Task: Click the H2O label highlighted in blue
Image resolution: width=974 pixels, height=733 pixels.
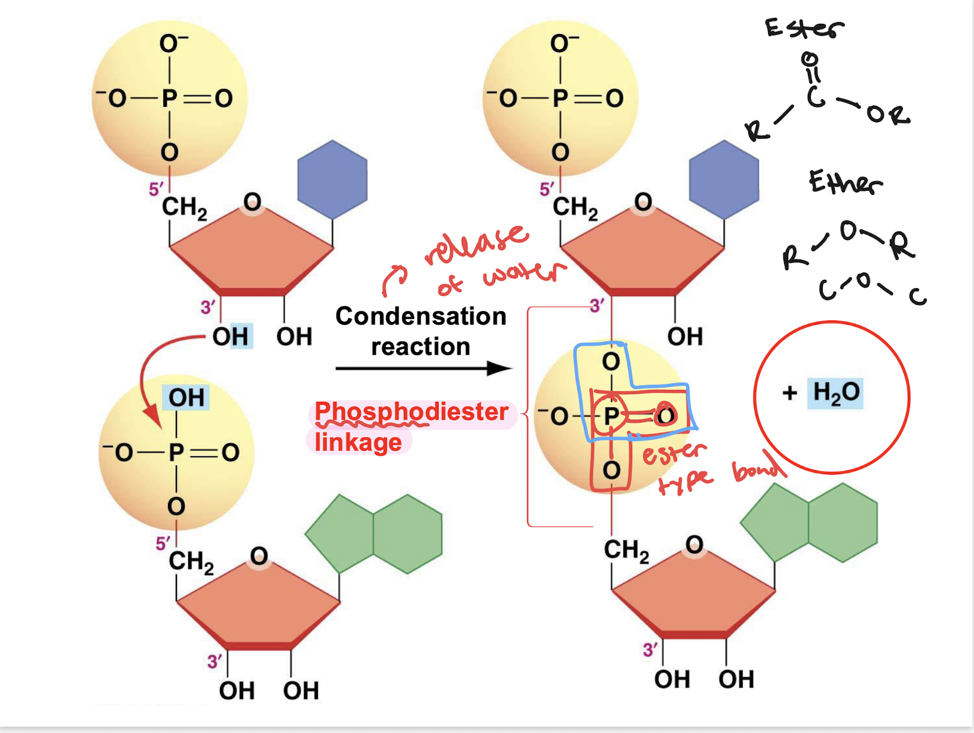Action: tap(835, 393)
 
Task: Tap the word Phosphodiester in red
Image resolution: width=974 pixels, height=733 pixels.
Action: tap(411, 412)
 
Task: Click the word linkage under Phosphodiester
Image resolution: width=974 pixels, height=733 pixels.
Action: tap(358, 442)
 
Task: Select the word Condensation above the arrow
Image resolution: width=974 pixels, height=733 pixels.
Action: tap(421, 316)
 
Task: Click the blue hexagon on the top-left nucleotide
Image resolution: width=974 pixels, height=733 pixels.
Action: tap(332, 179)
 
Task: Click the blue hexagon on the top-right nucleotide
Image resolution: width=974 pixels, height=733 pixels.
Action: tap(724, 179)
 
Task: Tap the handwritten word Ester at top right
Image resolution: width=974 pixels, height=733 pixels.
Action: tap(804, 28)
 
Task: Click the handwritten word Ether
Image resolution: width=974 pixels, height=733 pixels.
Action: tap(844, 182)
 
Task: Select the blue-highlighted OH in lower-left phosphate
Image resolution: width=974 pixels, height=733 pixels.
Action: tap(186, 398)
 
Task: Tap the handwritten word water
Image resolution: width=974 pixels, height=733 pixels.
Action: tap(523, 274)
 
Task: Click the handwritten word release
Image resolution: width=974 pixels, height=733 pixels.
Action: tap(476, 245)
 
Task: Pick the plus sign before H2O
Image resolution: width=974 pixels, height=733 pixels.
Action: tap(789, 393)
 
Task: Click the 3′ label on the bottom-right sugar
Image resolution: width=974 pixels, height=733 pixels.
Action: tap(650, 649)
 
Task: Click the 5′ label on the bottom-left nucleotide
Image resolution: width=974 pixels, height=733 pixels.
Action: tap(163, 543)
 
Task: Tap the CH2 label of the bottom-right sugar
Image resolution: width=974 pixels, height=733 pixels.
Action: tap(626, 550)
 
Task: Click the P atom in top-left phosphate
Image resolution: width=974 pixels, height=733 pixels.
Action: tap(170, 98)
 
